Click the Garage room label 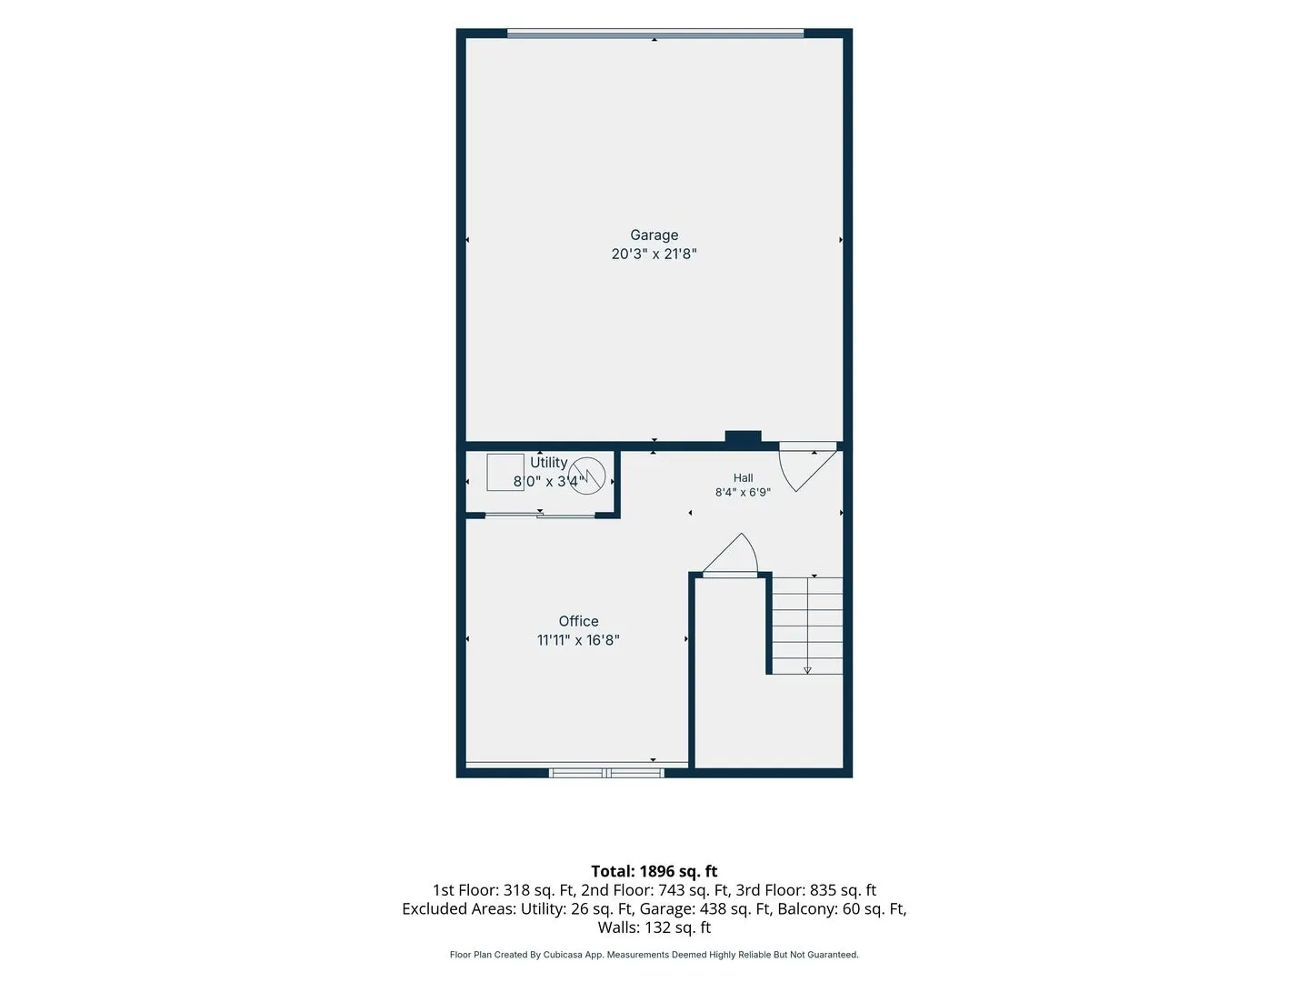tap(654, 235)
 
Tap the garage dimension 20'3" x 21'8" tap(654, 254)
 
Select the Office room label tap(578, 621)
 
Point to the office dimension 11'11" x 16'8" tap(578, 640)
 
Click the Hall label tap(743, 477)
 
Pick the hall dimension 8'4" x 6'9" tap(743, 492)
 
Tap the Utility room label tap(549, 462)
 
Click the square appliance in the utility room tap(505, 472)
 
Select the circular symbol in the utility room tap(587, 476)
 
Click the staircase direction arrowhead tap(807, 670)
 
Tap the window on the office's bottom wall tap(606, 773)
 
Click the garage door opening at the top tap(654, 34)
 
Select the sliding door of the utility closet tap(540, 516)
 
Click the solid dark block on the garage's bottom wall tap(743, 436)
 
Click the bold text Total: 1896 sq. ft tap(654, 871)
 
